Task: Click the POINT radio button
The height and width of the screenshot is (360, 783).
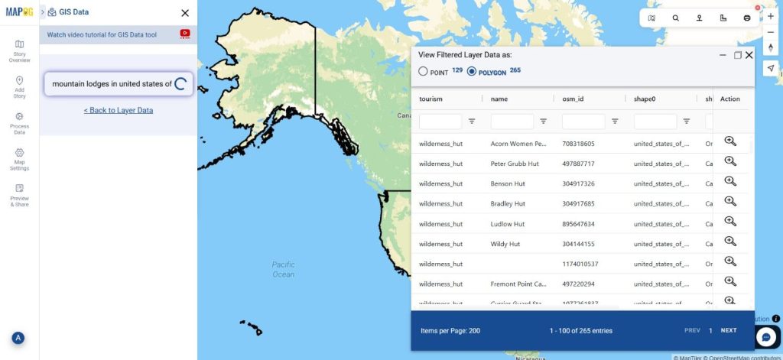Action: click(x=423, y=72)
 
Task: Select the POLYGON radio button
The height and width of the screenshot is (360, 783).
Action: click(x=472, y=72)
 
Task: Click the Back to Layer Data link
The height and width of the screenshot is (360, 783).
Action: click(x=119, y=110)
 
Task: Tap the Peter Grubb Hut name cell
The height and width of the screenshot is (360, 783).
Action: click(x=515, y=164)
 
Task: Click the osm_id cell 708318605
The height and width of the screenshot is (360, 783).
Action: click(x=578, y=144)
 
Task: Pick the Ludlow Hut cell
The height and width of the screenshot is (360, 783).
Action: click(x=507, y=224)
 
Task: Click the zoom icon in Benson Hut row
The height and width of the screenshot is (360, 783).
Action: click(x=730, y=181)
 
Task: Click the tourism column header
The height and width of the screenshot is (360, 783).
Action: click(x=431, y=99)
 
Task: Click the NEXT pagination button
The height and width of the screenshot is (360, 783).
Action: click(x=729, y=331)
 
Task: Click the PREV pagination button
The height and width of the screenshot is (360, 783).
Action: click(x=692, y=331)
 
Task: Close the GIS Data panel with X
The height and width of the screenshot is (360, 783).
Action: click(x=185, y=13)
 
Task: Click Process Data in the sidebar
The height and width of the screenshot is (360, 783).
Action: click(x=19, y=123)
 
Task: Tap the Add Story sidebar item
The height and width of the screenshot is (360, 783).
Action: click(x=19, y=86)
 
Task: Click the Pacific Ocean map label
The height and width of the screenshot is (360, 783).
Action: click(x=283, y=269)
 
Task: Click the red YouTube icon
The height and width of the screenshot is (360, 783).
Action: click(x=185, y=34)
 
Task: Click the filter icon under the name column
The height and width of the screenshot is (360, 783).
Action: click(x=543, y=121)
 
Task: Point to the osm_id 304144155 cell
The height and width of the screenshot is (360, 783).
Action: click(x=578, y=244)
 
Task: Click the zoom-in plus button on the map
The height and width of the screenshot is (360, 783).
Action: click(x=771, y=16)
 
